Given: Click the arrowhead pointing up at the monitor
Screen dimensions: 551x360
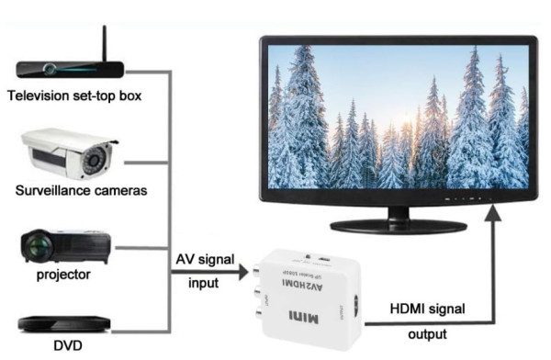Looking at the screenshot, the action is [496, 213].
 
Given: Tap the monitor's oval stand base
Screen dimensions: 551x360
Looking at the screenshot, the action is [397, 222].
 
